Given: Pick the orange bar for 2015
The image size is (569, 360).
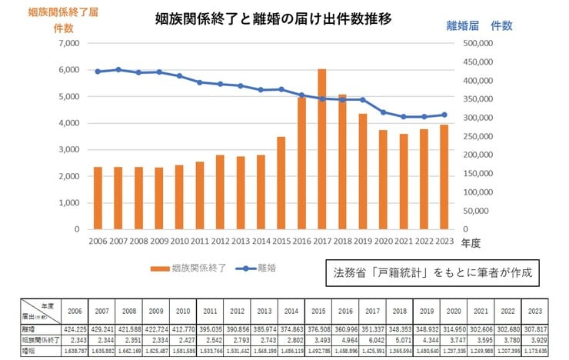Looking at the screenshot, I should [281, 183].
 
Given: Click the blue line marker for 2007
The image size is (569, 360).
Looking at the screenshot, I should [118, 69].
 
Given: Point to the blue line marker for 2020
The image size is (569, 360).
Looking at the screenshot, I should [383, 112].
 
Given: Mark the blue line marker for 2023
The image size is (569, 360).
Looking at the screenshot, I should [444, 115].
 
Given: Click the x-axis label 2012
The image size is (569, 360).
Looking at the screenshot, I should [220, 241].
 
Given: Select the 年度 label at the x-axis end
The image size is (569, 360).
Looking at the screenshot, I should [470, 242].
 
